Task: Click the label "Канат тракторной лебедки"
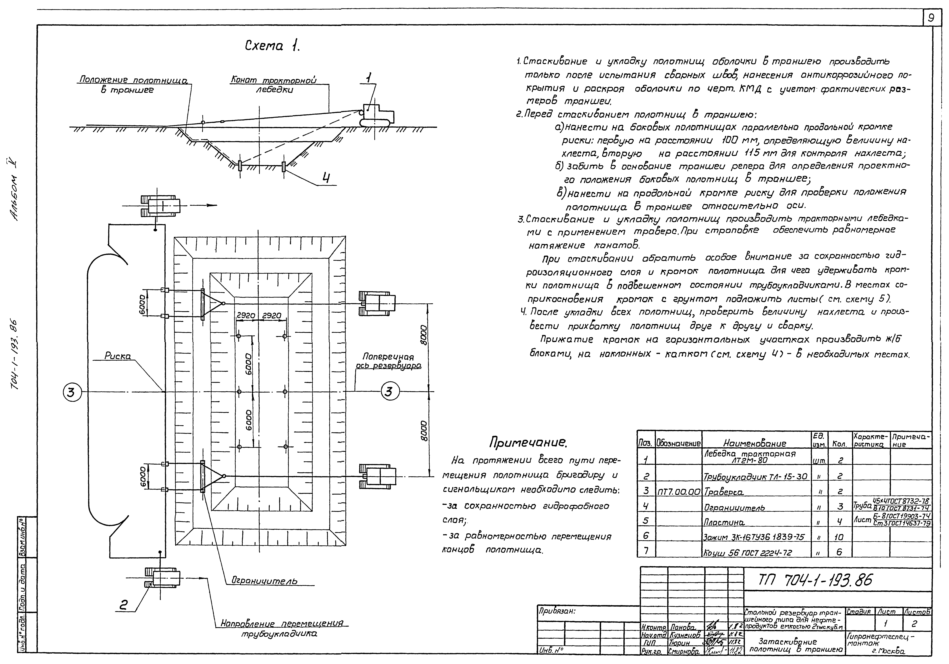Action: point(274,85)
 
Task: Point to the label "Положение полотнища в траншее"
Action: point(133,85)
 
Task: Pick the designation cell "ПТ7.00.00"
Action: point(679,492)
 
